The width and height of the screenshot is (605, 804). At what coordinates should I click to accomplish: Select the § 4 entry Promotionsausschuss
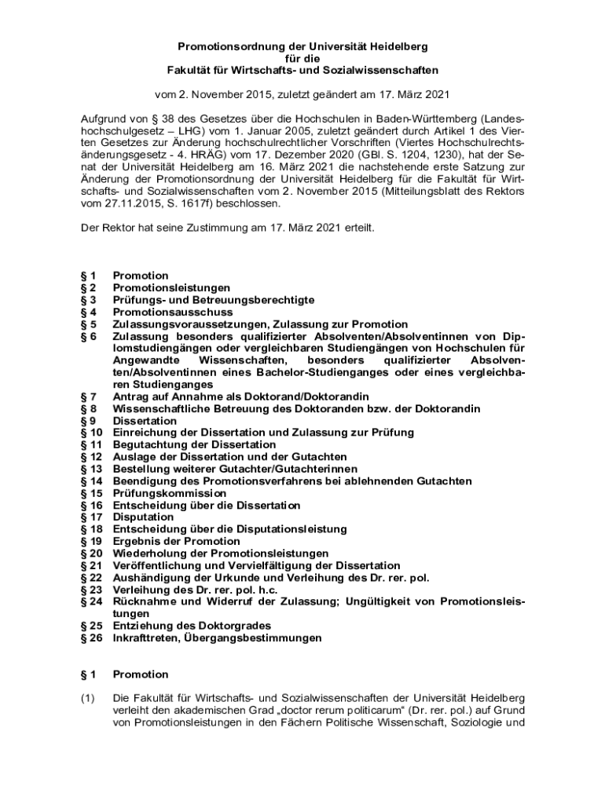pyautogui.click(x=163, y=312)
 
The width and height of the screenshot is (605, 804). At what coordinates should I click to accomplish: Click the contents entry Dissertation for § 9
pyautogui.click(x=145, y=421)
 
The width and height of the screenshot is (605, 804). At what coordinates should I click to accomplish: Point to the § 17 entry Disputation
pyautogui.click(x=144, y=517)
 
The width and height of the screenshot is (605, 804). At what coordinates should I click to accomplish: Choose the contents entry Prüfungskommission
pyautogui.click(x=169, y=493)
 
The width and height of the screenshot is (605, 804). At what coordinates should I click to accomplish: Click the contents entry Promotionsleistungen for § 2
pyautogui.click(x=171, y=288)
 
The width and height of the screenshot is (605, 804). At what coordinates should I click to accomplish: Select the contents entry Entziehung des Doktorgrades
pyautogui.click(x=192, y=626)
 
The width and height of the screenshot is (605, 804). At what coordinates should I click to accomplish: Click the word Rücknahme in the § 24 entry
pyautogui.click(x=145, y=602)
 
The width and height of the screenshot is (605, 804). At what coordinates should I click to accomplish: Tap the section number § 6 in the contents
pyautogui.click(x=89, y=336)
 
